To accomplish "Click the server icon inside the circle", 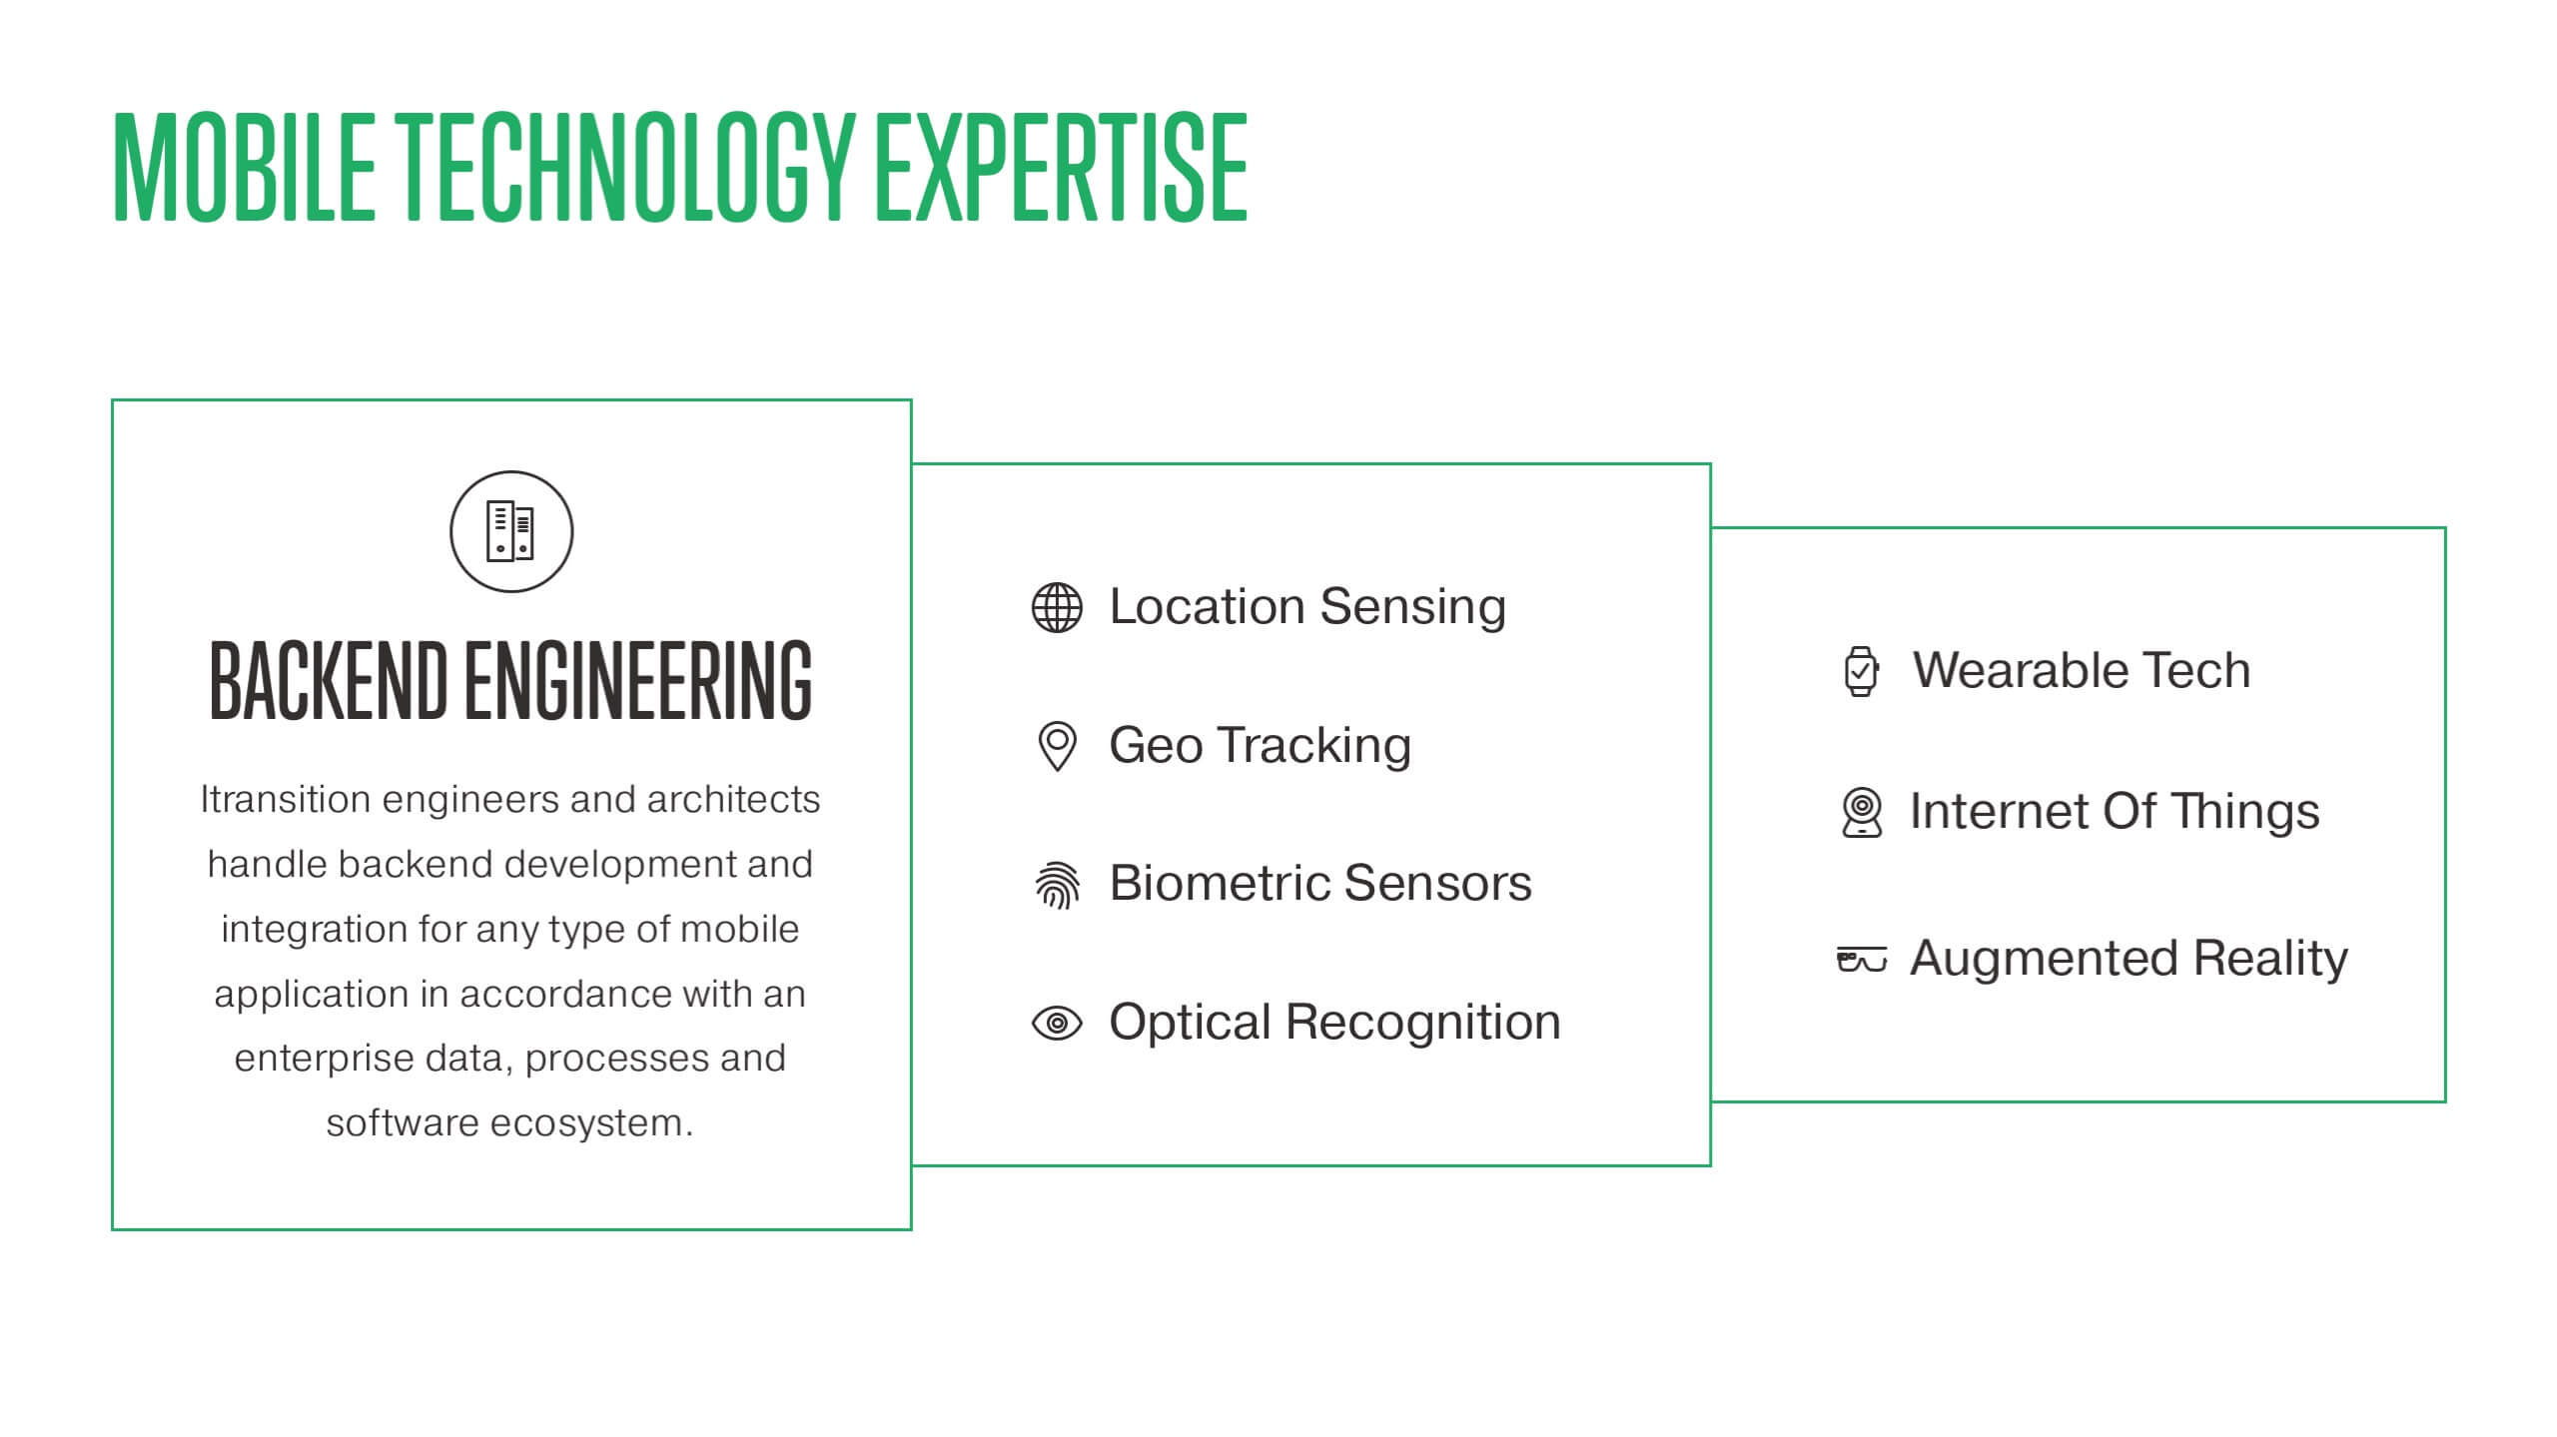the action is pyautogui.click(x=510, y=531).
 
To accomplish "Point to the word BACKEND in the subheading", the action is pyautogui.click(x=328, y=680).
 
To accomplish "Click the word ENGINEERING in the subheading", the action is pyautogui.click(x=638, y=680).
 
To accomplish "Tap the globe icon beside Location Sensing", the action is pyautogui.click(x=1057, y=607).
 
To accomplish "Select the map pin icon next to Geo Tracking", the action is pyautogui.click(x=1057, y=746).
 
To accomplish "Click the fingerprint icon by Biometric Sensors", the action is pyautogui.click(x=1057, y=885).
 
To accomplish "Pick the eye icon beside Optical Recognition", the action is pyautogui.click(x=1057, y=1024).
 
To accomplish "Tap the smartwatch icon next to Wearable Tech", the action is pyautogui.click(x=1860, y=671).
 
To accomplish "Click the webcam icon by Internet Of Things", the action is pyautogui.click(x=1862, y=812).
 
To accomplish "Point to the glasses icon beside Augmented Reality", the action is pyautogui.click(x=1862, y=959).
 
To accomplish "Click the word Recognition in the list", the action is pyautogui.click(x=1422, y=1023).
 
